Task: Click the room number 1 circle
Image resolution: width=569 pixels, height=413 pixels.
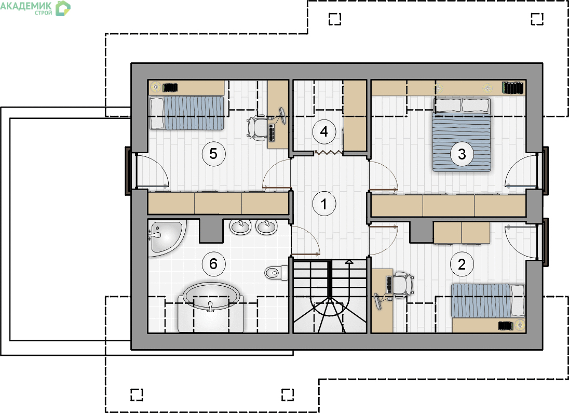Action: click(324, 204)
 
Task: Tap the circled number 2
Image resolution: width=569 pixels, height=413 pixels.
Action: click(462, 264)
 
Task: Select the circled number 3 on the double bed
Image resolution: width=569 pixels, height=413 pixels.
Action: click(462, 154)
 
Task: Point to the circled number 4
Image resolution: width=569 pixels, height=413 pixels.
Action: click(324, 131)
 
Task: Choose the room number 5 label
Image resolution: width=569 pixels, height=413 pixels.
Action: click(213, 154)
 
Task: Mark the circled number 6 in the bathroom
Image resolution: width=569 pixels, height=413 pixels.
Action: click(213, 264)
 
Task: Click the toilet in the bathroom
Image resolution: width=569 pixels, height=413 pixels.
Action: click(276, 272)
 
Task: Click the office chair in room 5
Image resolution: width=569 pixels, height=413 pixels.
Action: click(259, 128)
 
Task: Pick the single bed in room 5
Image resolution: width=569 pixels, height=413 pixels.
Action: click(187, 113)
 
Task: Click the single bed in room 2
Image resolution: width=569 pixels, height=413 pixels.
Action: click(488, 301)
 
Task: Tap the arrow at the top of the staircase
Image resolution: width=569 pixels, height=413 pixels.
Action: click(349, 261)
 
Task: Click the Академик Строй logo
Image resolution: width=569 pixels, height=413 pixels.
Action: click(35, 8)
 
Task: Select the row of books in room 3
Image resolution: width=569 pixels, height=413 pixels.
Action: click(513, 88)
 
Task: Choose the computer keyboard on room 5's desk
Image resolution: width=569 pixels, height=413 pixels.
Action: click(272, 132)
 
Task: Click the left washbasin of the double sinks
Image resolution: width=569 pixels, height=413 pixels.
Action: click(240, 227)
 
